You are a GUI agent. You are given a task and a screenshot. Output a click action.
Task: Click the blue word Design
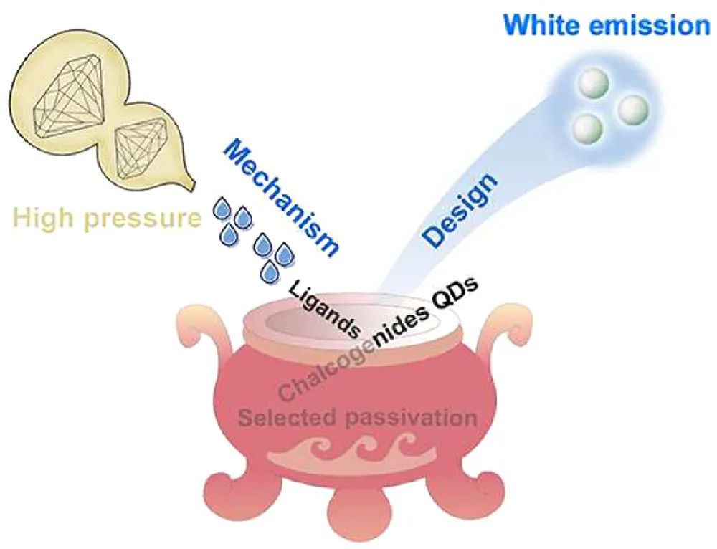[459, 211]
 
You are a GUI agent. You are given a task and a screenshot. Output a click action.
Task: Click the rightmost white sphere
[632, 109]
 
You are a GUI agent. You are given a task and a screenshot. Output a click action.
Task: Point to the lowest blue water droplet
[270, 272]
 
